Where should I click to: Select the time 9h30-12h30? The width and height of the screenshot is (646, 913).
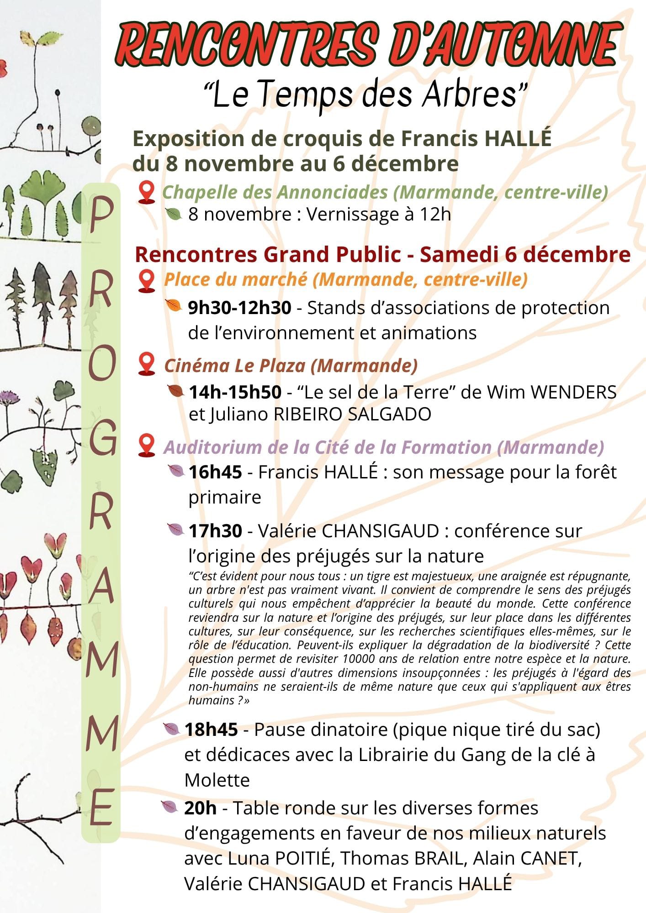tap(239, 308)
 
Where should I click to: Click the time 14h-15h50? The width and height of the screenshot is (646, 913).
tap(235, 392)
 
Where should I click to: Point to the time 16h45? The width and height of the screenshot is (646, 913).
tap(215, 472)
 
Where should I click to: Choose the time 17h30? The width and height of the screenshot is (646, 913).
tap(215, 531)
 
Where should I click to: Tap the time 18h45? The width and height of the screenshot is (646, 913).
tap(211, 729)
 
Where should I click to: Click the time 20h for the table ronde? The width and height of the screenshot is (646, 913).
tap(200, 808)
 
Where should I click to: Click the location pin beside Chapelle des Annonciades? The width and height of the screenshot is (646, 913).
tap(146, 192)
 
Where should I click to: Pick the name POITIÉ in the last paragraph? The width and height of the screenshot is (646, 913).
tap(302, 858)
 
